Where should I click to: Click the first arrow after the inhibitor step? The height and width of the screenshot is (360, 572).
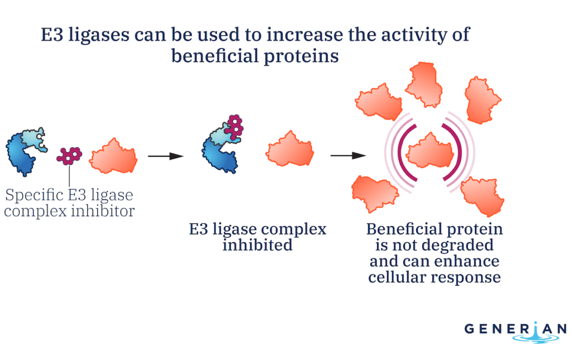[x=165, y=156]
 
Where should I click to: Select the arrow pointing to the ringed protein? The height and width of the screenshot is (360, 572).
[x=348, y=156]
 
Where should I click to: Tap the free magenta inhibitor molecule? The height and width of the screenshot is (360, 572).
[x=69, y=156]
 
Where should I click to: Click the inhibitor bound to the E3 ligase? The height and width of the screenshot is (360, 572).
[x=234, y=127]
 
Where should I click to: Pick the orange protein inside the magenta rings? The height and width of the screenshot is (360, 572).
[x=430, y=151]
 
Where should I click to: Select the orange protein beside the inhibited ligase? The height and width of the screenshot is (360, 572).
[x=290, y=149]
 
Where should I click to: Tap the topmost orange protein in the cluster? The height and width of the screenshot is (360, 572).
[x=424, y=84]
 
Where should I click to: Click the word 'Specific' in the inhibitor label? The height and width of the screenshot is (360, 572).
[x=35, y=195]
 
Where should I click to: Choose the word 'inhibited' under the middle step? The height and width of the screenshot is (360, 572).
[x=258, y=245]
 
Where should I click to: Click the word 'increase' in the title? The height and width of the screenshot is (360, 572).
[x=305, y=35]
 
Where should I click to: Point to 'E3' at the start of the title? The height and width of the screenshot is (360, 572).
[x=52, y=35]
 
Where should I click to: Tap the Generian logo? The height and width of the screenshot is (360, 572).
[x=516, y=332]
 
